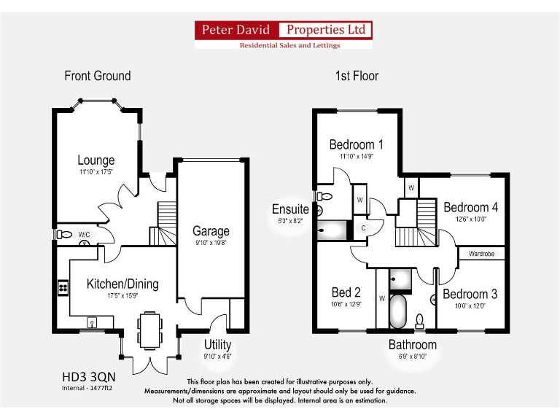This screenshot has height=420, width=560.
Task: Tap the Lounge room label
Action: (96, 160)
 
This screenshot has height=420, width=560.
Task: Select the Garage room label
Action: (211, 231)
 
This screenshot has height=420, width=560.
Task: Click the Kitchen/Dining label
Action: (122, 284)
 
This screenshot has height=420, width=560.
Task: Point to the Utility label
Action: (217, 344)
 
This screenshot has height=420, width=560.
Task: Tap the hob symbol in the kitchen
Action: (62, 288)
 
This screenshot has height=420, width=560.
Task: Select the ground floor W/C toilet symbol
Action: (65, 235)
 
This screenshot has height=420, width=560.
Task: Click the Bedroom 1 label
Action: (356, 144)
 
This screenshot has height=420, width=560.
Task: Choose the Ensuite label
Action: (291, 209)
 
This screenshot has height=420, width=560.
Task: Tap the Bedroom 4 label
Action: (470, 208)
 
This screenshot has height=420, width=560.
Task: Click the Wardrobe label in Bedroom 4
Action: (481, 254)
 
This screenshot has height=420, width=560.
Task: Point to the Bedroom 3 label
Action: (470, 295)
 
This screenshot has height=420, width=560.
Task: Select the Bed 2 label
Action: (346, 293)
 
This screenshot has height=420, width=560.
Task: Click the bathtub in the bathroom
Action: (398, 311)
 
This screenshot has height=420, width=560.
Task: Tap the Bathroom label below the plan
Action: (412, 345)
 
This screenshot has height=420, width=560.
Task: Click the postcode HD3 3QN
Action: (88, 378)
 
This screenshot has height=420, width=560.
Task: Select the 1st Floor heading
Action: (357, 76)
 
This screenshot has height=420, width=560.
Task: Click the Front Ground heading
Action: (98, 76)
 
